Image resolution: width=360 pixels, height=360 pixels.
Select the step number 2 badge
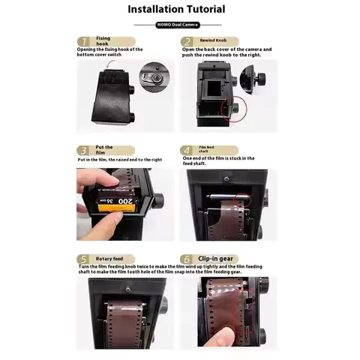[x=189, y=40]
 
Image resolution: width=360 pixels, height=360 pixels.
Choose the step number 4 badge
[x=189, y=150]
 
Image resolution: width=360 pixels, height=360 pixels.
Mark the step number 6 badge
[x=189, y=259]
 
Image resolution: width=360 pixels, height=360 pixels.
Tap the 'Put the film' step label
[x=105, y=150]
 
